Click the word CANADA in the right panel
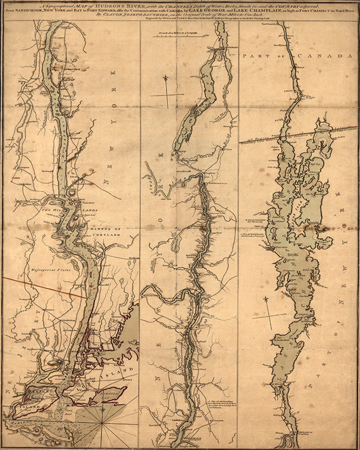pos(325,56)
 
